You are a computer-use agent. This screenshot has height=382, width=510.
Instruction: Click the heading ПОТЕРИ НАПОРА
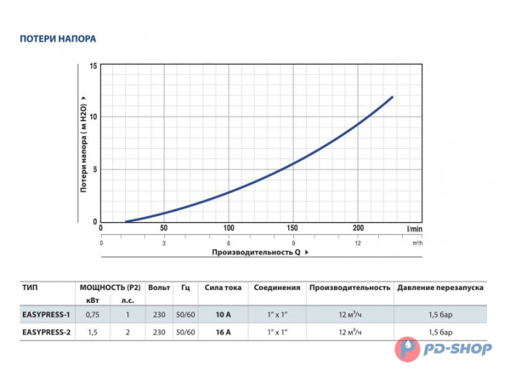coord(59,39)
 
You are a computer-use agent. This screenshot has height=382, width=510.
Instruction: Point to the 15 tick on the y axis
coord(93,66)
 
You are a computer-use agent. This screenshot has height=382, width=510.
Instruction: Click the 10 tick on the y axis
coord(93,117)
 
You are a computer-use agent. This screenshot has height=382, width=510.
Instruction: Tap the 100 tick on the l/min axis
coord(229,229)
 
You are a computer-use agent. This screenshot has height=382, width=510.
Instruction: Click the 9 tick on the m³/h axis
coord(293,242)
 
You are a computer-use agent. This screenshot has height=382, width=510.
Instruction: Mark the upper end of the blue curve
coord(392,97)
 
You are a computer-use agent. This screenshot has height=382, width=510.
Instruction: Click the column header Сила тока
coord(224,288)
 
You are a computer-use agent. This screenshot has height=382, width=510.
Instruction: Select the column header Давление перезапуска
coord(439,288)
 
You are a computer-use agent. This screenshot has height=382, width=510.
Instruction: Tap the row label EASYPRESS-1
coord(45,314)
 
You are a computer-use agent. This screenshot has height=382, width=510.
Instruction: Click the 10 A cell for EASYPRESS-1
coord(224,314)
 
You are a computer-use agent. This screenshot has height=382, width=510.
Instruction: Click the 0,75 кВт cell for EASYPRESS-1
coord(93,314)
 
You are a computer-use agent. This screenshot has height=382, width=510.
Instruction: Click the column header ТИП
coord(30,288)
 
